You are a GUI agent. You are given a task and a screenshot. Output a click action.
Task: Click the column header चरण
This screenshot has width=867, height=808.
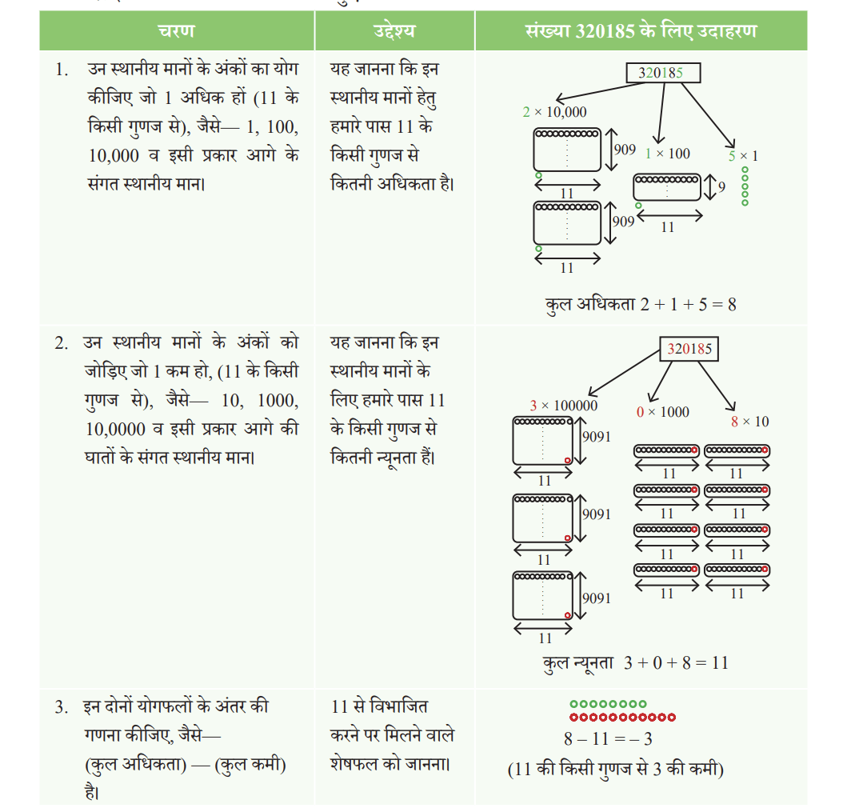pos(177,30)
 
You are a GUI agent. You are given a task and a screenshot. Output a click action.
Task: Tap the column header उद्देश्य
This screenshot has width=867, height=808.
pos(394,30)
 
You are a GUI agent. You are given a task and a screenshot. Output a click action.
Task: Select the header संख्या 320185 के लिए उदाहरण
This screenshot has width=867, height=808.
pos(641,30)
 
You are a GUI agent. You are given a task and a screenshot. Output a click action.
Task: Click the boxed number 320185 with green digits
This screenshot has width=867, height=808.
pos(663,73)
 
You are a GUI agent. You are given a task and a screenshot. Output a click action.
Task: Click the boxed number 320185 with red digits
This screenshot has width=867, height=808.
pos(689,349)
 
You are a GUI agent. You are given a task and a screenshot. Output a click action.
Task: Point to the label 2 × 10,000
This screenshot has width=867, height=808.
pos(554,112)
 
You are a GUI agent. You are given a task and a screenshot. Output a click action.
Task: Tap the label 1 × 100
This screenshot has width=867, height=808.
pos(667,154)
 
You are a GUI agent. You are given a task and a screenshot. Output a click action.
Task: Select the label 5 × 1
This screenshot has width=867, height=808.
pos(742,156)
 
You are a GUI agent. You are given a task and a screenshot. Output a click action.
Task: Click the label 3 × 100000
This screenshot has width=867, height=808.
pos(563,406)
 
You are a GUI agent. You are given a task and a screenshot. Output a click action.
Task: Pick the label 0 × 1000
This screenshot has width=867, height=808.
pos(662,412)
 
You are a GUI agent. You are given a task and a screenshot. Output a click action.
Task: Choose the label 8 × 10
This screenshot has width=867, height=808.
pos(749,422)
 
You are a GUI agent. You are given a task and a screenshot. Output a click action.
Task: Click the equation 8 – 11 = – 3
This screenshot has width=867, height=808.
pos(608,739)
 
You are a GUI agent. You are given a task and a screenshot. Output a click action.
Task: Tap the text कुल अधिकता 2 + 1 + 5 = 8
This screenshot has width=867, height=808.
pos(641,305)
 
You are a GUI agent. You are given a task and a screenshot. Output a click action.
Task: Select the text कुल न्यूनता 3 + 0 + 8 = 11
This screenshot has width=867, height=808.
pos(636,662)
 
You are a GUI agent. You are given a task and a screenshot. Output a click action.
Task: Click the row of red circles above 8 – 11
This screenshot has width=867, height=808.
pos(622,718)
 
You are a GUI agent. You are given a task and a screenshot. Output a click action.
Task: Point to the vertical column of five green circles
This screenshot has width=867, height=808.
pos(745,186)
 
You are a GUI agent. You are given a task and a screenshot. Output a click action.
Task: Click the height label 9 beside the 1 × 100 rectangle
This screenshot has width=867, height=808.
pos(721,187)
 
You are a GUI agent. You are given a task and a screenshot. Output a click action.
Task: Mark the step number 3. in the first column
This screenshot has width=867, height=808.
pos(62,707)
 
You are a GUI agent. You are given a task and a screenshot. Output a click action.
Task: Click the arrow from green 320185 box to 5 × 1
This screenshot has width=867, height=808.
pos(709,115)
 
